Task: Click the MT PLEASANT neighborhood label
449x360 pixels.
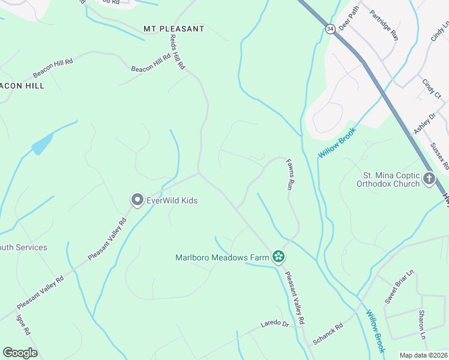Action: (x=174, y=29)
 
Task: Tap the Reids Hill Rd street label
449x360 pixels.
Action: (x=176, y=52)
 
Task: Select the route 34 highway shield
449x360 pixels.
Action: (x=330, y=29)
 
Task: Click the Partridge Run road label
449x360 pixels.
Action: (x=384, y=25)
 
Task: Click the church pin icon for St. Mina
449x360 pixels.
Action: (x=429, y=178)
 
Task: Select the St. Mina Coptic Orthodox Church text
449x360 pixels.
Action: (x=391, y=180)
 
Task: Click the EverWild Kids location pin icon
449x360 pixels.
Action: (x=137, y=200)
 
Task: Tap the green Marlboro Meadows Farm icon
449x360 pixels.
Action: (x=278, y=257)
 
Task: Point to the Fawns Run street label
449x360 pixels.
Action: (x=289, y=175)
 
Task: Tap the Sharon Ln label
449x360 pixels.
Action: (x=422, y=325)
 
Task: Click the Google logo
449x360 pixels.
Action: (x=20, y=353)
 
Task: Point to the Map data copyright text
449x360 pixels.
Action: (x=423, y=355)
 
